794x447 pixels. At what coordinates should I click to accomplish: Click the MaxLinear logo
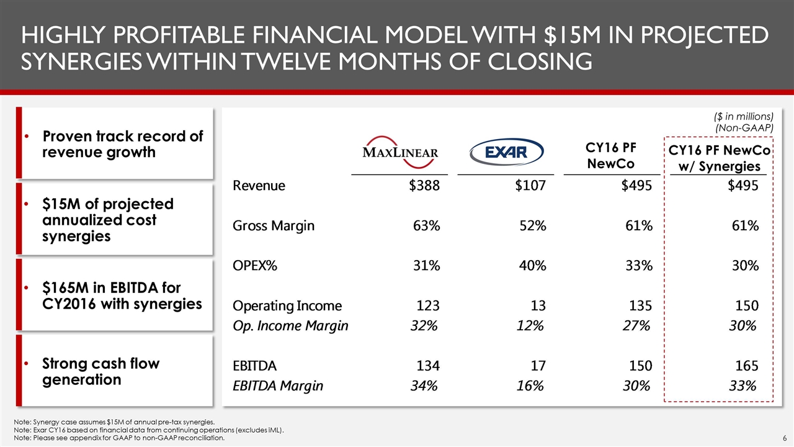400,151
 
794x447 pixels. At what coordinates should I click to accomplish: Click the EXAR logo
506,151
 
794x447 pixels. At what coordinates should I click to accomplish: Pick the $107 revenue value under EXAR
530,186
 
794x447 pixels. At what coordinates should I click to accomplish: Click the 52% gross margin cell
532,226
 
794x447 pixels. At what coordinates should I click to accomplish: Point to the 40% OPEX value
532,266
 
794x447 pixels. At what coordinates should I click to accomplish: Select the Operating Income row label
287,305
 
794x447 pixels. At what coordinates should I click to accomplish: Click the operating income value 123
427,305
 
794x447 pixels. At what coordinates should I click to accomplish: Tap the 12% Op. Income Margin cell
530,325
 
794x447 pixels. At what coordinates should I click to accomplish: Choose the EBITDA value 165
746,366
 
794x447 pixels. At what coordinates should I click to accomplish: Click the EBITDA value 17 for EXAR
538,366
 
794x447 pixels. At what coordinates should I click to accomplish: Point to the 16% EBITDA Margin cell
530,386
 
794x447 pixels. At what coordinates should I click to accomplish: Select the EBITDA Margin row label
277,386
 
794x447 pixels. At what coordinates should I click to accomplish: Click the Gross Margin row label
273,226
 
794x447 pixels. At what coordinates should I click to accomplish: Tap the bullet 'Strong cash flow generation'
100,371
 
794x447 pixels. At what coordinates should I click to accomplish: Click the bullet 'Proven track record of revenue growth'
122,144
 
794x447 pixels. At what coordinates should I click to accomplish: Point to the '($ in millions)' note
744,116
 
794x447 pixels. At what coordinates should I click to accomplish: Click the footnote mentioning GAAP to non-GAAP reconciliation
118,438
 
